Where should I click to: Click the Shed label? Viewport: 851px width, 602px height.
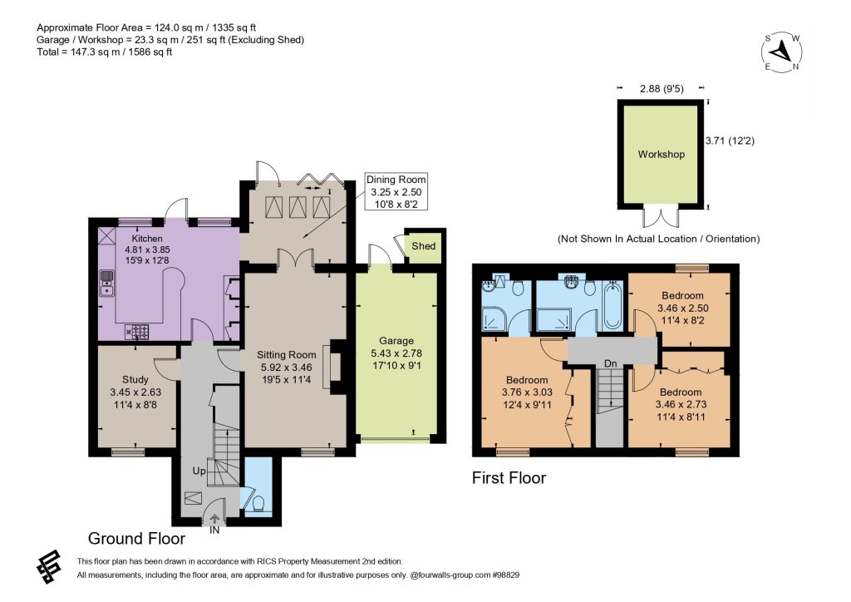(423, 246)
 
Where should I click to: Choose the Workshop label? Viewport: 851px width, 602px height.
(661, 154)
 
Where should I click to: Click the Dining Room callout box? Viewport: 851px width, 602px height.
(396, 191)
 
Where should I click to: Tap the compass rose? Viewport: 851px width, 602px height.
(781, 52)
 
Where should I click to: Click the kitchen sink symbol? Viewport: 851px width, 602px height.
(107, 284)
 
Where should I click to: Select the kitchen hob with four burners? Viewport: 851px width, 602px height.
(137, 331)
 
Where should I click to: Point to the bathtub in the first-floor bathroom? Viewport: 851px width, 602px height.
(612, 306)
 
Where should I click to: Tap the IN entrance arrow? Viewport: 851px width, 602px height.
(214, 520)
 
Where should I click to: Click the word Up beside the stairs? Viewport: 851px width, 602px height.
(199, 471)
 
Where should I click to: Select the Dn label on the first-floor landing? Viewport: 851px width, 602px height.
(611, 363)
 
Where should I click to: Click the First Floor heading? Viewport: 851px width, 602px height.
(509, 477)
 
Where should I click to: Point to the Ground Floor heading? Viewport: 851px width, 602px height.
(137, 539)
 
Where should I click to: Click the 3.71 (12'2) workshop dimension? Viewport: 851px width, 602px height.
(730, 141)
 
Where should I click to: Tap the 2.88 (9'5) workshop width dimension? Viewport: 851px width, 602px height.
(661, 88)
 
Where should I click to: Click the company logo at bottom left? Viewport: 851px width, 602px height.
(49, 567)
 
